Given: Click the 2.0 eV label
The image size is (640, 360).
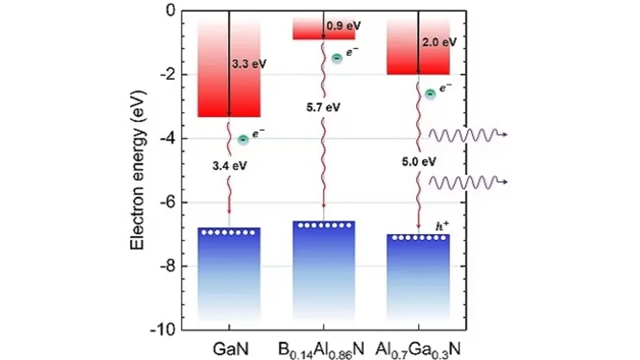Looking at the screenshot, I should (x=439, y=42).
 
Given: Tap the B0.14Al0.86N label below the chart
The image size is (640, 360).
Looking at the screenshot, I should (x=323, y=347).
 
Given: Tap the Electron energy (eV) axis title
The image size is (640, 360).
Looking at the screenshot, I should (x=137, y=171).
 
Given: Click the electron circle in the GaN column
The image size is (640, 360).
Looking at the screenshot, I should (x=243, y=139).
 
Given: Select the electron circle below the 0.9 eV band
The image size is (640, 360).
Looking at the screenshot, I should (x=337, y=59).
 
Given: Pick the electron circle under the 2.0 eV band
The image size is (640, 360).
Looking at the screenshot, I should (x=431, y=94).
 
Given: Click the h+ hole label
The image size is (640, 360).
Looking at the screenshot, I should (x=437, y=226).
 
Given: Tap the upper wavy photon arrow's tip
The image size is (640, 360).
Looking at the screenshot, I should (x=508, y=135).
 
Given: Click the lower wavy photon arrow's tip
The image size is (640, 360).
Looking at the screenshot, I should (x=508, y=181).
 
